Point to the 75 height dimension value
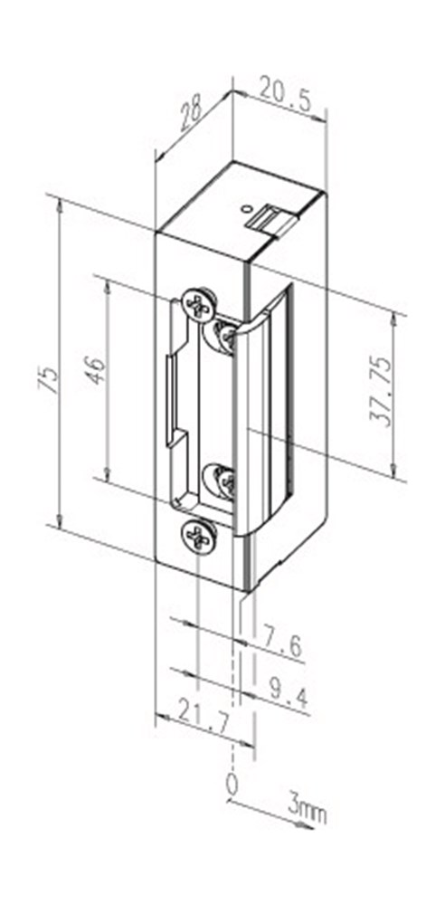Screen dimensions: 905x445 coord(53,379)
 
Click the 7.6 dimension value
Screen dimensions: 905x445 coord(282,644)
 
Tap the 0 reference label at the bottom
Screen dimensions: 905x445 coord(232,784)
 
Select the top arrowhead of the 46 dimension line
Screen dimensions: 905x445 coord(108,282)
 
